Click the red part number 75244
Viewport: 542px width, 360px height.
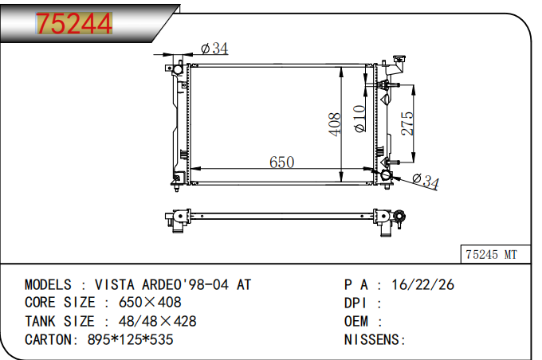(74, 23)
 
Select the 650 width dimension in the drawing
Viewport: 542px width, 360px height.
(281, 162)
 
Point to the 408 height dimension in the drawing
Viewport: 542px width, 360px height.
(334, 124)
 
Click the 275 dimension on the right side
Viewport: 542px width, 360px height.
(407, 123)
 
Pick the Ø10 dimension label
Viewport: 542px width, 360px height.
(359, 119)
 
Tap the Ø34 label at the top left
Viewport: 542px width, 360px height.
(214, 49)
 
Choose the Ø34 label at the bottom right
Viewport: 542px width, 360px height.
(426, 181)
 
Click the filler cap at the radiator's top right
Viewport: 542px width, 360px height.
(399, 59)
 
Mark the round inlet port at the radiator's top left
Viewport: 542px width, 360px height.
(178, 69)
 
